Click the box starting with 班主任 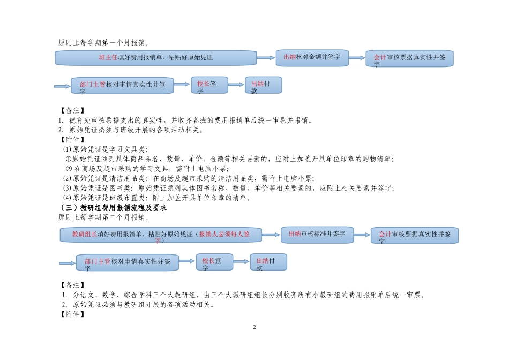155,58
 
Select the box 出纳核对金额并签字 312,58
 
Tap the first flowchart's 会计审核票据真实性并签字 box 409,58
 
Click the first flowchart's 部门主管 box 122,86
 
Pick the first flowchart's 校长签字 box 206,85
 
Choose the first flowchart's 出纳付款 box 263,85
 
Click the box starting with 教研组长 161,235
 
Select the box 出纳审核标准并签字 317,235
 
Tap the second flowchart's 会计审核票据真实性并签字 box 415,236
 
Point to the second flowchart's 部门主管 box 127,262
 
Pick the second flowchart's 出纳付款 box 268,262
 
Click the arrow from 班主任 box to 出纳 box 266,58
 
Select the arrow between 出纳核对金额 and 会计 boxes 357,58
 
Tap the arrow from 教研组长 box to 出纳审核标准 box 271,235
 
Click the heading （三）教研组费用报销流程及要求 113,207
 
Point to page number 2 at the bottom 254,327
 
